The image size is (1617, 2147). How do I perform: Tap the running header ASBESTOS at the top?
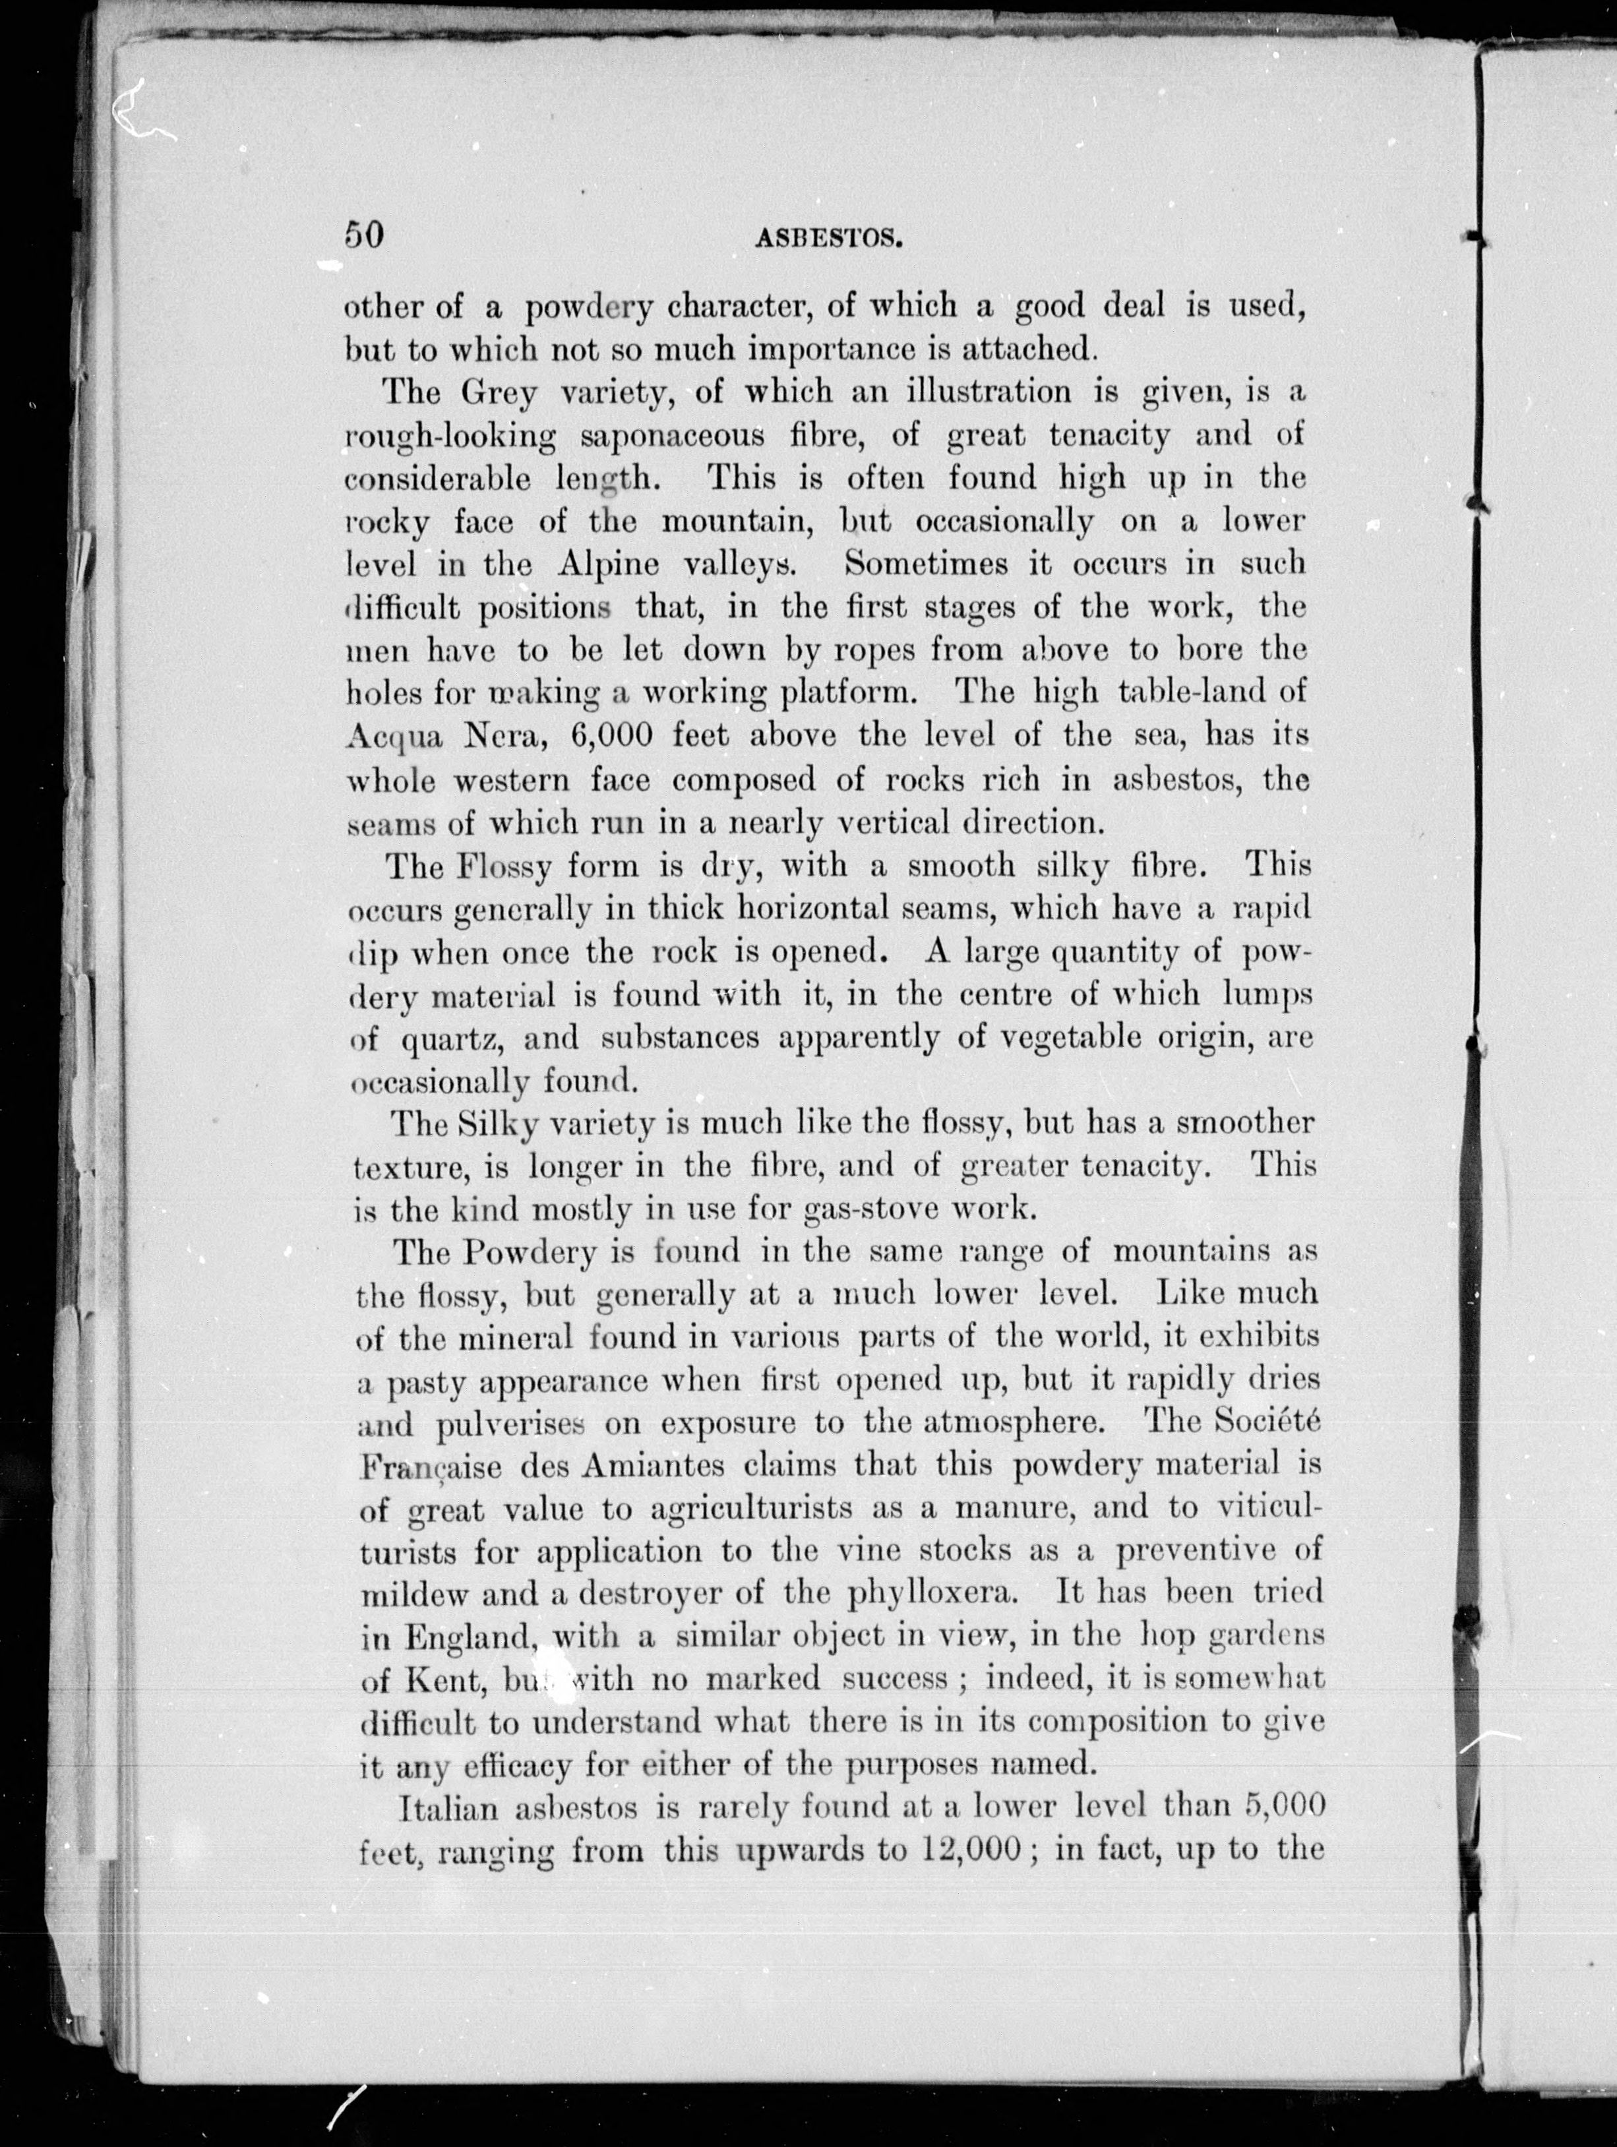click(829, 238)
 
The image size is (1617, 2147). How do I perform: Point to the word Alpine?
click(609, 565)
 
